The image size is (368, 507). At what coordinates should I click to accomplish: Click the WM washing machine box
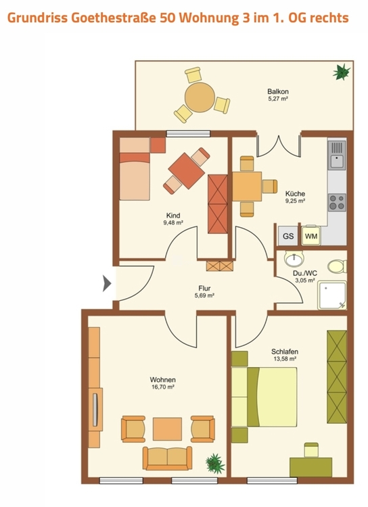(x=311, y=235)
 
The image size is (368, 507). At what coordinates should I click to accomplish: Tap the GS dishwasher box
(x=288, y=235)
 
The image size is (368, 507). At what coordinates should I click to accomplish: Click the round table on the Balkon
(x=200, y=97)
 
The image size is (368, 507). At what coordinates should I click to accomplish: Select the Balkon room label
(x=278, y=91)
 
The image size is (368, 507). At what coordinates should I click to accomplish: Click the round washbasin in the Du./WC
(x=294, y=259)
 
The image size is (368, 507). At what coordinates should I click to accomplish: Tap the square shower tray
(x=332, y=295)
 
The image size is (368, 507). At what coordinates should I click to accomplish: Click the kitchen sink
(x=337, y=155)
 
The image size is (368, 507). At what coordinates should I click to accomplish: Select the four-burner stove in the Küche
(x=337, y=202)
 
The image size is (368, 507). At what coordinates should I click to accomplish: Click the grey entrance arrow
(x=107, y=283)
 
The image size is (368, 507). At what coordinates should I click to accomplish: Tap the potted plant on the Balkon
(x=342, y=72)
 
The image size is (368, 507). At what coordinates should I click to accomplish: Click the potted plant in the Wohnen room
(x=215, y=463)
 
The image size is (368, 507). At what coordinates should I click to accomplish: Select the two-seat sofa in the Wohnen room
(x=167, y=458)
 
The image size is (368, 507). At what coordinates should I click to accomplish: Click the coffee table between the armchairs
(x=167, y=429)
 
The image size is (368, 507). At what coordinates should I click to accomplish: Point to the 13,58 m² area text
(x=285, y=358)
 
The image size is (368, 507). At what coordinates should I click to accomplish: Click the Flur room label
(x=204, y=289)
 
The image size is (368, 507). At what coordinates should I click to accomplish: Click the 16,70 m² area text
(x=163, y=387)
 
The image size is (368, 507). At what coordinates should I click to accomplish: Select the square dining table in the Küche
(x=247, y=187)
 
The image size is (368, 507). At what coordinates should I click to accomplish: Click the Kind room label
(x=173, y=216)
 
